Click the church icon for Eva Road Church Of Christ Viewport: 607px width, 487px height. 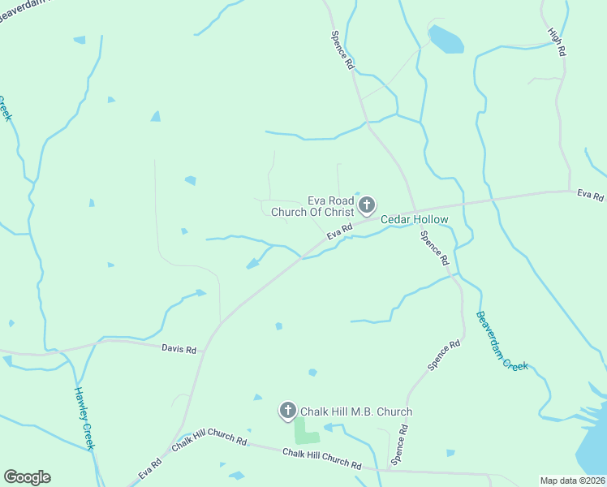click(367, 205)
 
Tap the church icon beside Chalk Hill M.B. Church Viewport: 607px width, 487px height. click(287, 411)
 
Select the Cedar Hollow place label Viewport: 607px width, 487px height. click(414, 219)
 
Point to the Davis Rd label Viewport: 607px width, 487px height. click(179, 350)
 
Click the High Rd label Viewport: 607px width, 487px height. click(556, 42)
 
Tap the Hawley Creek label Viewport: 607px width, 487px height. click(85, 417)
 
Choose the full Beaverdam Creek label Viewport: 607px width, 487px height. click(502, 341)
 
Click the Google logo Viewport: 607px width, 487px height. click(27, 477)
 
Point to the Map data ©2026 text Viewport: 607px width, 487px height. click(573, 481)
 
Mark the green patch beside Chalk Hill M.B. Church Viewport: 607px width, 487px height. click(306, 431)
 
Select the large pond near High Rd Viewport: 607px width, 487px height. click(445, 39)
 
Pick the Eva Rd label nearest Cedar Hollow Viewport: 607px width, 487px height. click(339, 233)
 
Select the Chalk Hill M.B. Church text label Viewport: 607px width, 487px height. click(356, 412)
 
